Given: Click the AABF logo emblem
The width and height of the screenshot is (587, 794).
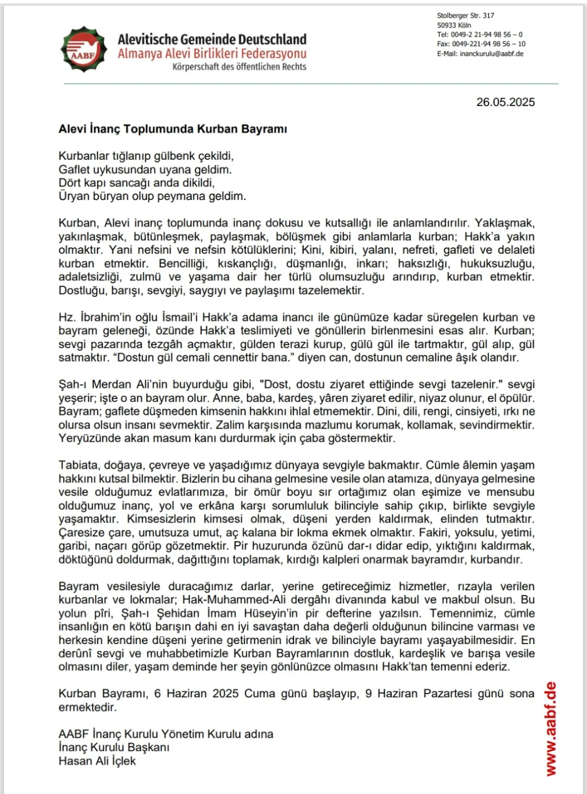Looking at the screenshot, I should pyautogui.click(x=84, y=49).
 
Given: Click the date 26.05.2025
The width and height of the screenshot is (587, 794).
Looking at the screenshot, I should pyautogui.click(x=505, y=102).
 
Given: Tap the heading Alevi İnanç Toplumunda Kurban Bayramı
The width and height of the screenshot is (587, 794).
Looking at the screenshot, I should pyautogui.click(x=173, y=129).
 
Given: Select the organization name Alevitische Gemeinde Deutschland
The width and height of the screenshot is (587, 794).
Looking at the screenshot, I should pyautogui.click(x=212, y=40).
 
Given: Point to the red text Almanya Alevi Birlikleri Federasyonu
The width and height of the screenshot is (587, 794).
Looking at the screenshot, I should pyautogui.click(x=212, y=54).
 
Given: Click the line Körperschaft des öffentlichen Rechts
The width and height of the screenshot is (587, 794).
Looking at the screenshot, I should pyautogui.click(x=239, y=67).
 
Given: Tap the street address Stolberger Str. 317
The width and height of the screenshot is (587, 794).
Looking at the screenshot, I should pyautogui.click(x=466, y=16).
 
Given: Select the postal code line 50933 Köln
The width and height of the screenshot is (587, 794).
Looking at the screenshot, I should pyautogui.click(x=454, y=25).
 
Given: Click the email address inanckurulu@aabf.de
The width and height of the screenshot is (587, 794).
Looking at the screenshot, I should pyautogui.click(x=491, y=54).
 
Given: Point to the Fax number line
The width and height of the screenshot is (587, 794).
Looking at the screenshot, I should pyautogui.click(x=481, y=44).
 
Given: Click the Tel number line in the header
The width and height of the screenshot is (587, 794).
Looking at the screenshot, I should pyautogui.click(x=479, y=35).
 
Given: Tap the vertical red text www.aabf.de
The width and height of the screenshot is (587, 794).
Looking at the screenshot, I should pyautogui.click(x=551, y=729).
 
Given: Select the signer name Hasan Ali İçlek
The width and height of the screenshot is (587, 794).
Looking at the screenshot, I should pyautogui.click(x=97, y=761).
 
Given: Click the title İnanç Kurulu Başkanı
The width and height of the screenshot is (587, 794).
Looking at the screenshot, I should pyautogui.click(x=114, y=747).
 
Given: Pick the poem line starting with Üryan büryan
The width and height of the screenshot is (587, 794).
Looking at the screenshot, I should pyautogui.click(x=152, y=196).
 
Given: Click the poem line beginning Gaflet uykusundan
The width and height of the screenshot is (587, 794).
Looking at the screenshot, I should pyautogui.click(x=145, y=170).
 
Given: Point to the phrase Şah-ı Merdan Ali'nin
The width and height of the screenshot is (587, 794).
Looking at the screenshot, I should pyautogui.click(x=104, y=385).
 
